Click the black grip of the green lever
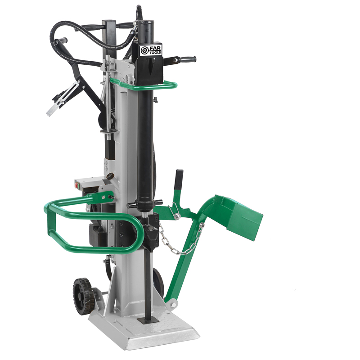coord(179,179)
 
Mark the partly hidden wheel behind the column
coord(158,281)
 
